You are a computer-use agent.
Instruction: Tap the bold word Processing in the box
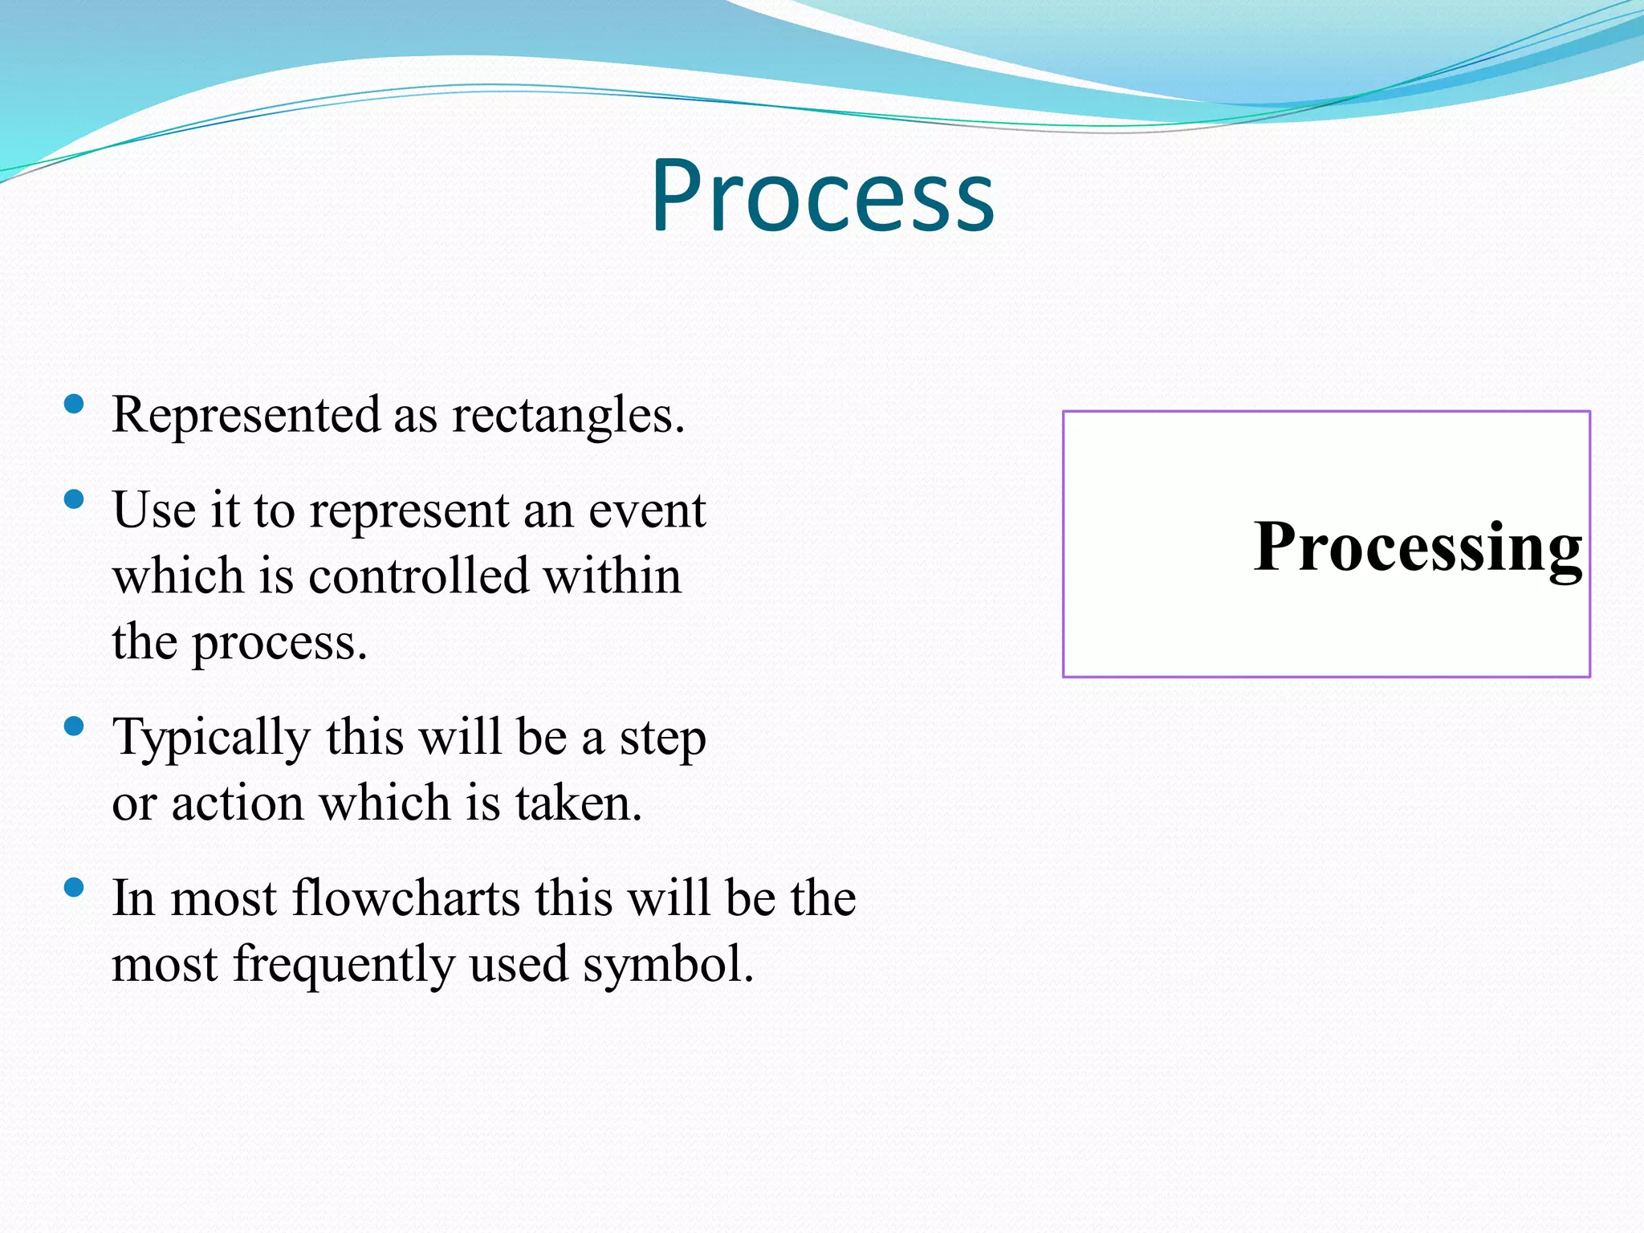pyautogui.click(x=1418, y=547)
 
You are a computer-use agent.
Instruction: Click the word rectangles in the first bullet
pyautogui.click(x=568, y=416)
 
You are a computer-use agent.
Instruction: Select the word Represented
pyautogui.click(x=246, y=415)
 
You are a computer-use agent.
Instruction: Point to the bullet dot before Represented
pyautogui.click(x=74, y=404)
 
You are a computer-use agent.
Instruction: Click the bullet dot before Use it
pyautogui.click(x=74, y=500)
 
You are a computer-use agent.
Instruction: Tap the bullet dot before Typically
pyautogui.click(x=74, y=727)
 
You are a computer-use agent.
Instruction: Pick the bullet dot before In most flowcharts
pyautogui.click(x=74, y=888)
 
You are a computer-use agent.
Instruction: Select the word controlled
pyautogui.click(x=418, y=576)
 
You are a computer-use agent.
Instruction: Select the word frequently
pyautogui.click(x=344, y=965)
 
